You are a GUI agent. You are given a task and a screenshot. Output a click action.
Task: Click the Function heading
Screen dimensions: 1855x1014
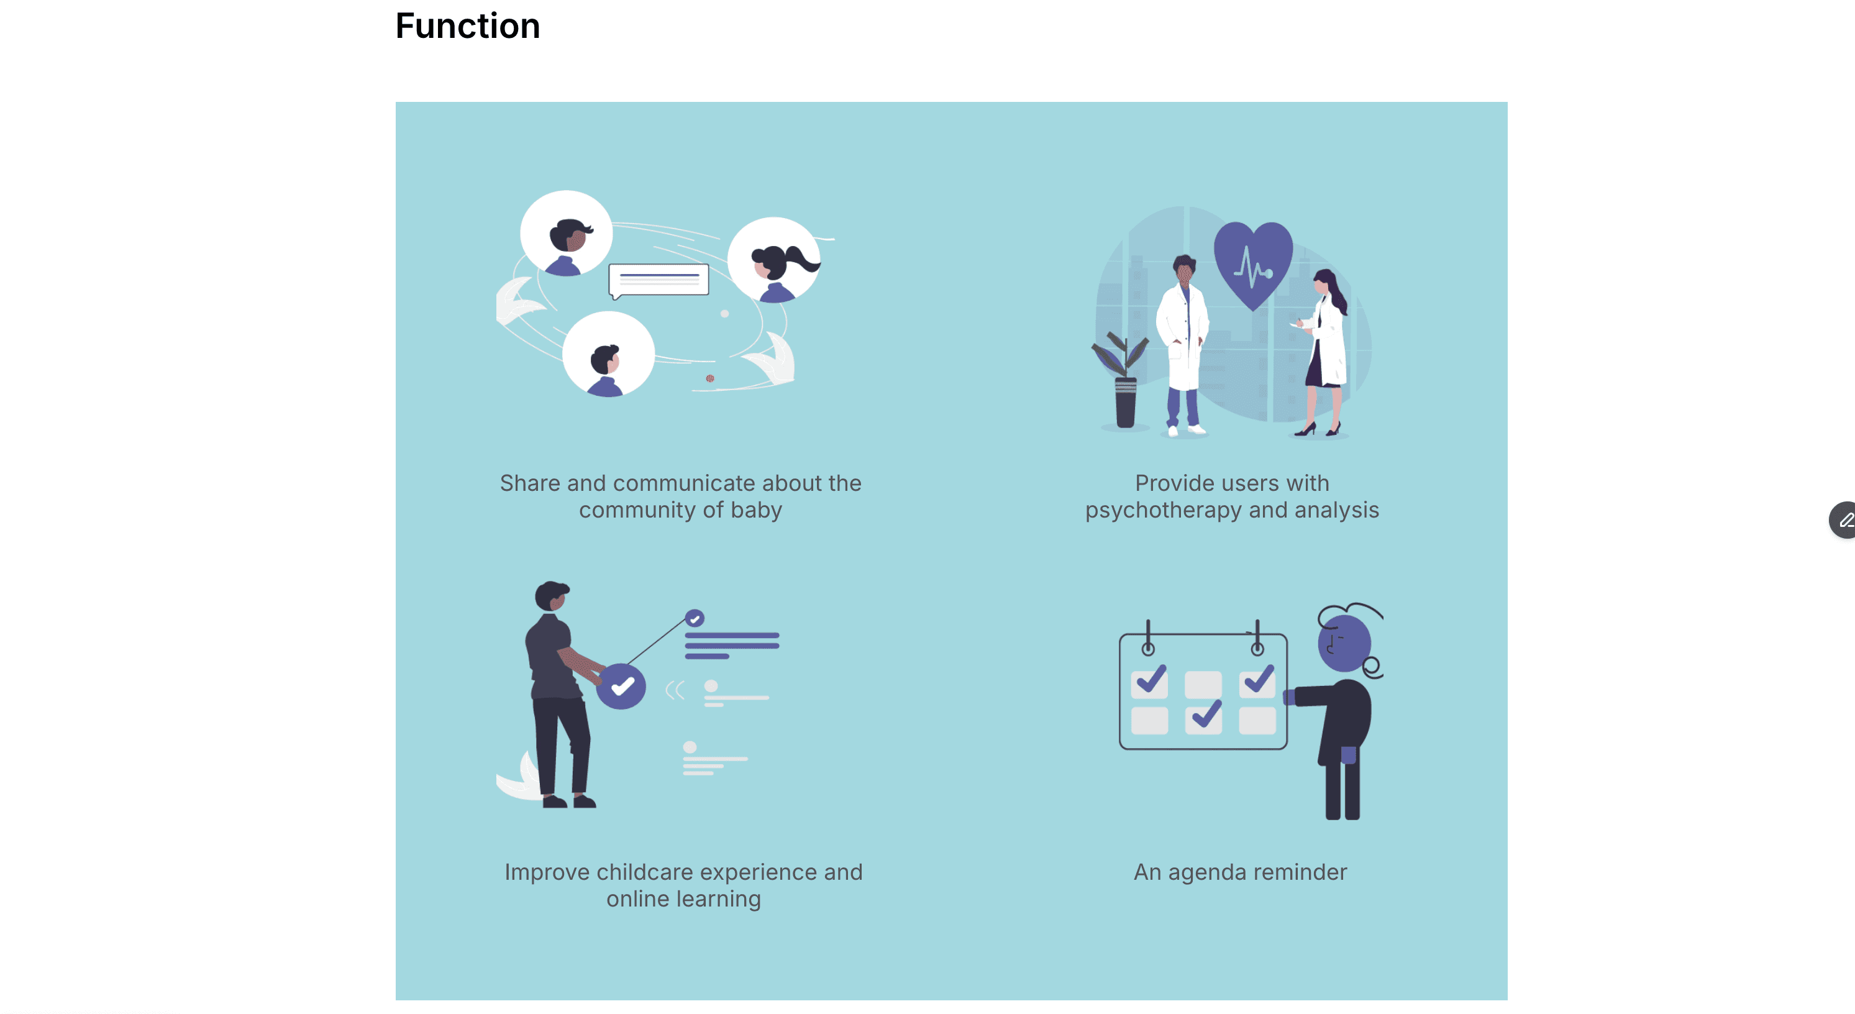[467, 27]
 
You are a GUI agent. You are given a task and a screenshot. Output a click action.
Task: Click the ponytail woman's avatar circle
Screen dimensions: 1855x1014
[774, 261]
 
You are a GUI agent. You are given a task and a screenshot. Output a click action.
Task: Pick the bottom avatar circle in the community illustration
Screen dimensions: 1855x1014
[608, 354]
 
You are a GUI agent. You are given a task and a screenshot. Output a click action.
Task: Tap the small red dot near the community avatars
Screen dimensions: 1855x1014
[710, 378]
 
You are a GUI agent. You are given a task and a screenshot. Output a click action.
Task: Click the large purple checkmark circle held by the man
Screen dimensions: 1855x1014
[621, 687]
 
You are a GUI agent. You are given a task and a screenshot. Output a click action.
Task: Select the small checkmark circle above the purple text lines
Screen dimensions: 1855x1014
[694, 618]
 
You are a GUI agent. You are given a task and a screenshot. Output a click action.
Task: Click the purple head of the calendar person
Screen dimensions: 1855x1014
[1344, 642]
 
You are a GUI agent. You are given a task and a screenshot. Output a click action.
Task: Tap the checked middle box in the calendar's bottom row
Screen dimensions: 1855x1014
[1203, 718]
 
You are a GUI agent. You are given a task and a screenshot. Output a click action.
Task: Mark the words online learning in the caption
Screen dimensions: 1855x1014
[683, 899]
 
